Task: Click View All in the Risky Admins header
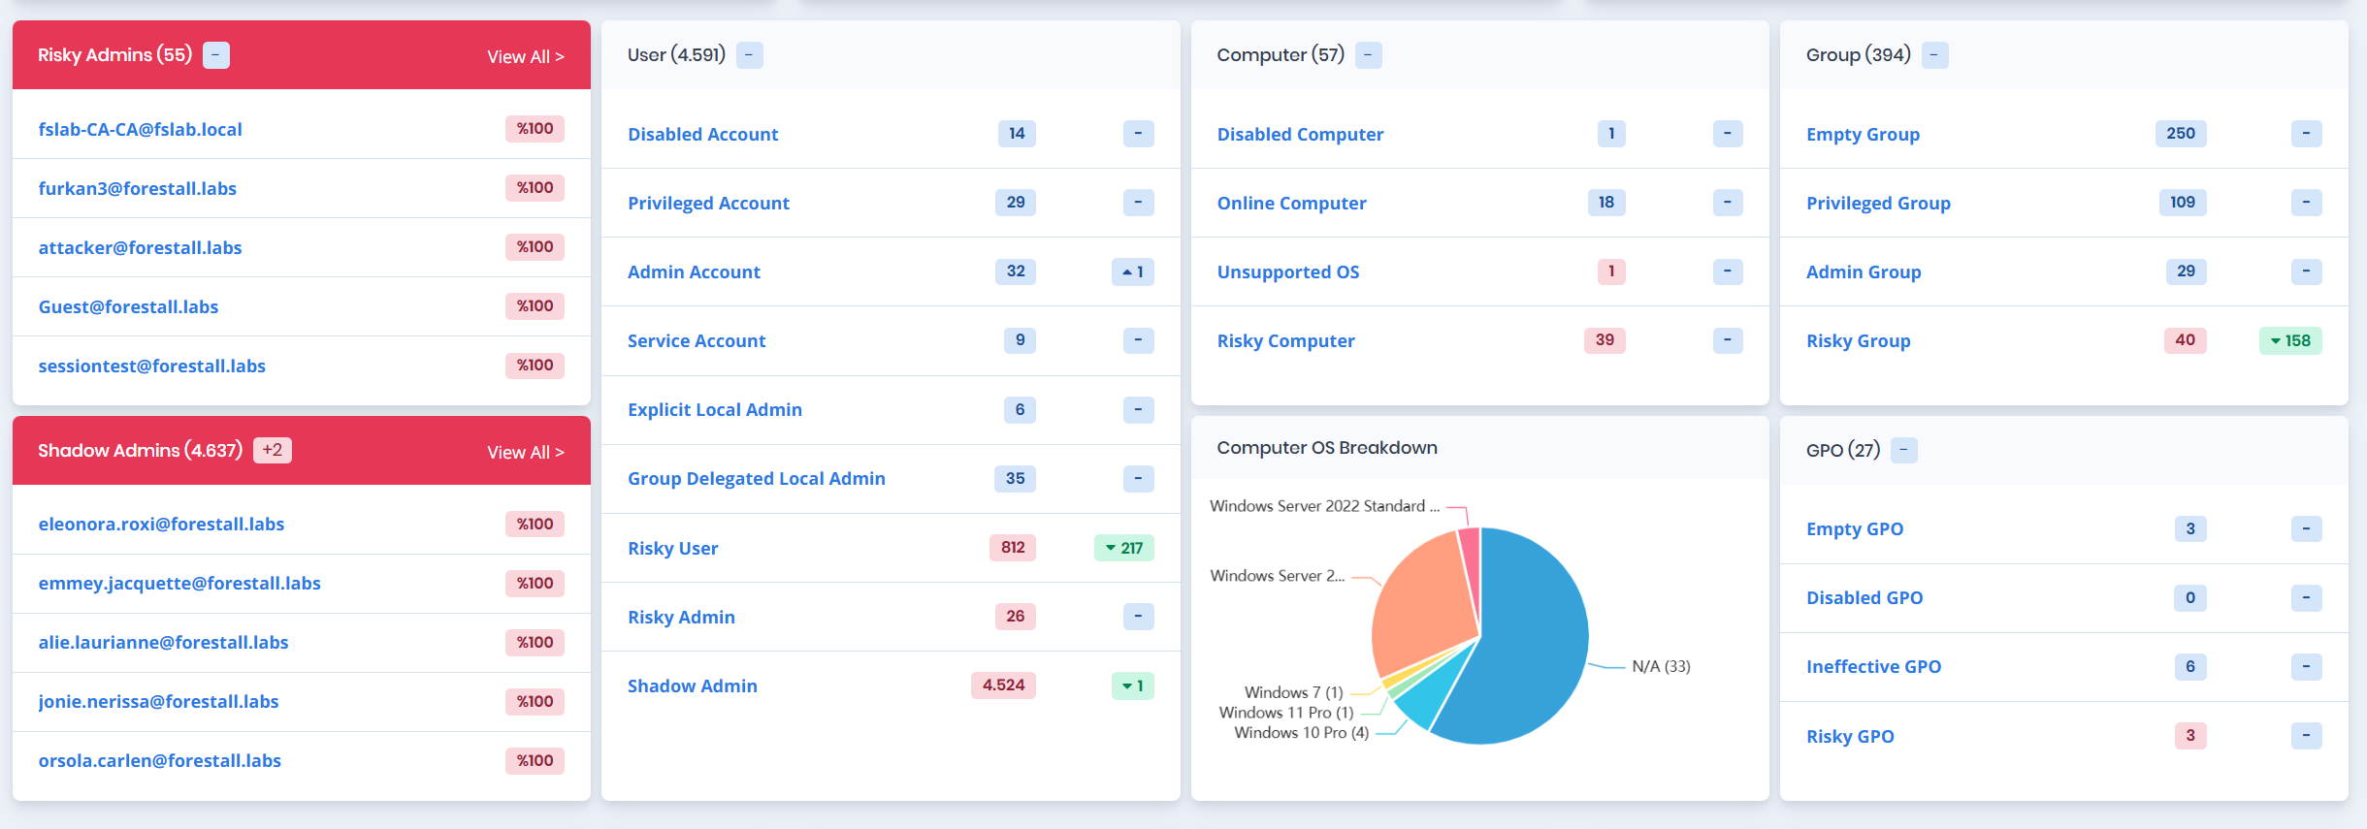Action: click(525, 57)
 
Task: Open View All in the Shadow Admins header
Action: click(525, 453)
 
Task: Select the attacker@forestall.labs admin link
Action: click(140, 248)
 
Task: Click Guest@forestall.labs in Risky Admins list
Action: click(128, 307)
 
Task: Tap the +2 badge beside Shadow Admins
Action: click(273, 450)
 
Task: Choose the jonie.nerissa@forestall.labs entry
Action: click(158, 702)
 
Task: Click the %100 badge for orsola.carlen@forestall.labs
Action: click(535, 761)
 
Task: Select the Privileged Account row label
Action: click(708, 204)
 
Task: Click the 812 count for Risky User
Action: click(1013, 548)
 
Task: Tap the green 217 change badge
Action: click(1124, 548)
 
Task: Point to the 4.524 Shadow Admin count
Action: click(1003, 686)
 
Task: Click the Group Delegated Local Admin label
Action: click(756, 479)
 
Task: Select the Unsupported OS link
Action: click(1287, 272)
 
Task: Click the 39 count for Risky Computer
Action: click(1605, 340)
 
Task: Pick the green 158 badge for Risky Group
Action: click(2290, 341)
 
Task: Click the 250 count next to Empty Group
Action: click(2180, 134)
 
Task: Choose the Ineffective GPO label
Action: click(1873, 667)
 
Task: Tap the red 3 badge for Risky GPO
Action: click(2189, 736)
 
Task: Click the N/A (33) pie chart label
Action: click(1660, 667)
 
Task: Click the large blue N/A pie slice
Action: click(1533, 640)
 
